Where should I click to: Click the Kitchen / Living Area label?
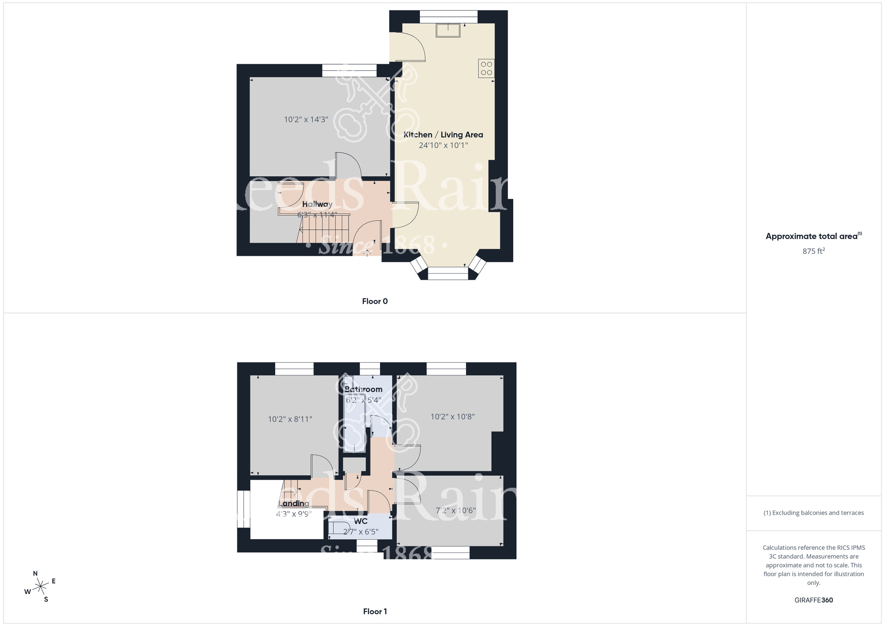pyautogui.click(x=443, y=135)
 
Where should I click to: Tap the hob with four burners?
pyautogui.click(x=486, y=69)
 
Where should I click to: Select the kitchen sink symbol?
pyautogui.click(x=448, y=31)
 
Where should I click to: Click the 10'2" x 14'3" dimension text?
pyautogui.click(x=306, y=120)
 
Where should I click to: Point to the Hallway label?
pyautogui.click(x=317, y=204)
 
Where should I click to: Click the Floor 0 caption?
pyautogui.click(x=374, y=301)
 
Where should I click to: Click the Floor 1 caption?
pyautogui.click(x=374, y=611)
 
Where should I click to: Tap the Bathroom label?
pyautogui.click(x=363, y=389)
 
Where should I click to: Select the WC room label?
pyautogui.click(x=361, y=521)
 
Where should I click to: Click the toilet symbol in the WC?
pyautogui.click(x=339, y=528)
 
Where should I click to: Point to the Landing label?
pyautogui.click(x=294, y=503)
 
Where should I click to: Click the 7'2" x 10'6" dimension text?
pyautogui.click(x=455, y=510)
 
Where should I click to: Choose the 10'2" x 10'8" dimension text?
pyautogui.click(x=452, y=417)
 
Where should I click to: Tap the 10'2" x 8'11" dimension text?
pyautogui.click(x=290, y=419)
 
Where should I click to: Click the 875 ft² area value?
pyautogui.click(x=813, y=251)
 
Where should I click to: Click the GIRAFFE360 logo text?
pyautogui.click(x=813, y=600)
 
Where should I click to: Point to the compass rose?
pyautogui.click(x=41, y=587)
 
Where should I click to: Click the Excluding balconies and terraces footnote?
pyautogui.click(x=813, y=513)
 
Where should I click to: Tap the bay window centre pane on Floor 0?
pyautogui.click(x=448, y=274)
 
